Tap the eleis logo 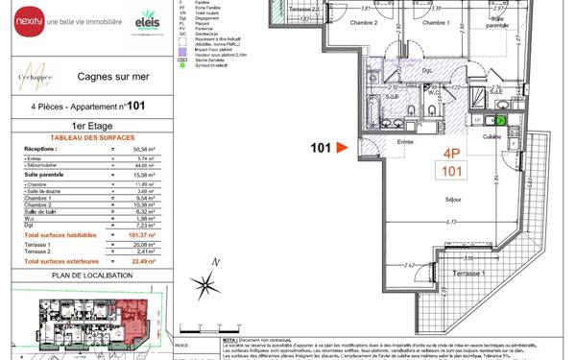(x=148, y=18)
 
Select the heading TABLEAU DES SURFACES (x=73, y=138)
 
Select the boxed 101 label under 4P (x=450, y=172)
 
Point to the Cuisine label (x=492, y=136)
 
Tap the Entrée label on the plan (x=405, y=141)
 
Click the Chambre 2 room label (x=363, y=22)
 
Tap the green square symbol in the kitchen (x=499, y=119)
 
